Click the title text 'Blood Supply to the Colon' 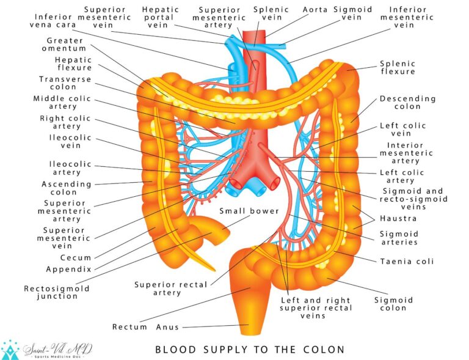250,350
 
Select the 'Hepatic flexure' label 73,64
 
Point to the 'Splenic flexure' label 398,67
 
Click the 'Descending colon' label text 408,102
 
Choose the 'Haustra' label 398,218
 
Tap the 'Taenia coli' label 407,261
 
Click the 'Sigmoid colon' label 393,304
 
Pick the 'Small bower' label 250,211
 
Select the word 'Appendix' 68,269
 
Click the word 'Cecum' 75,258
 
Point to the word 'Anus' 167,327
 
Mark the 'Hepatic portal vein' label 161,18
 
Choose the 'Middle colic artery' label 56,102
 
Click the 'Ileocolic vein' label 70,141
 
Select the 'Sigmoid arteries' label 399,238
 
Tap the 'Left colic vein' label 403,130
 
